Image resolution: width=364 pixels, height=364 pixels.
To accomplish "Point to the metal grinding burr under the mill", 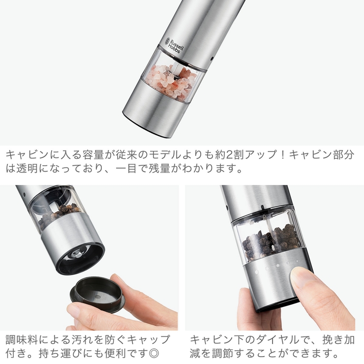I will tap(77, 254).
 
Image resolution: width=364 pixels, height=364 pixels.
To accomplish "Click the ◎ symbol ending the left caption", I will tap(155, 353).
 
